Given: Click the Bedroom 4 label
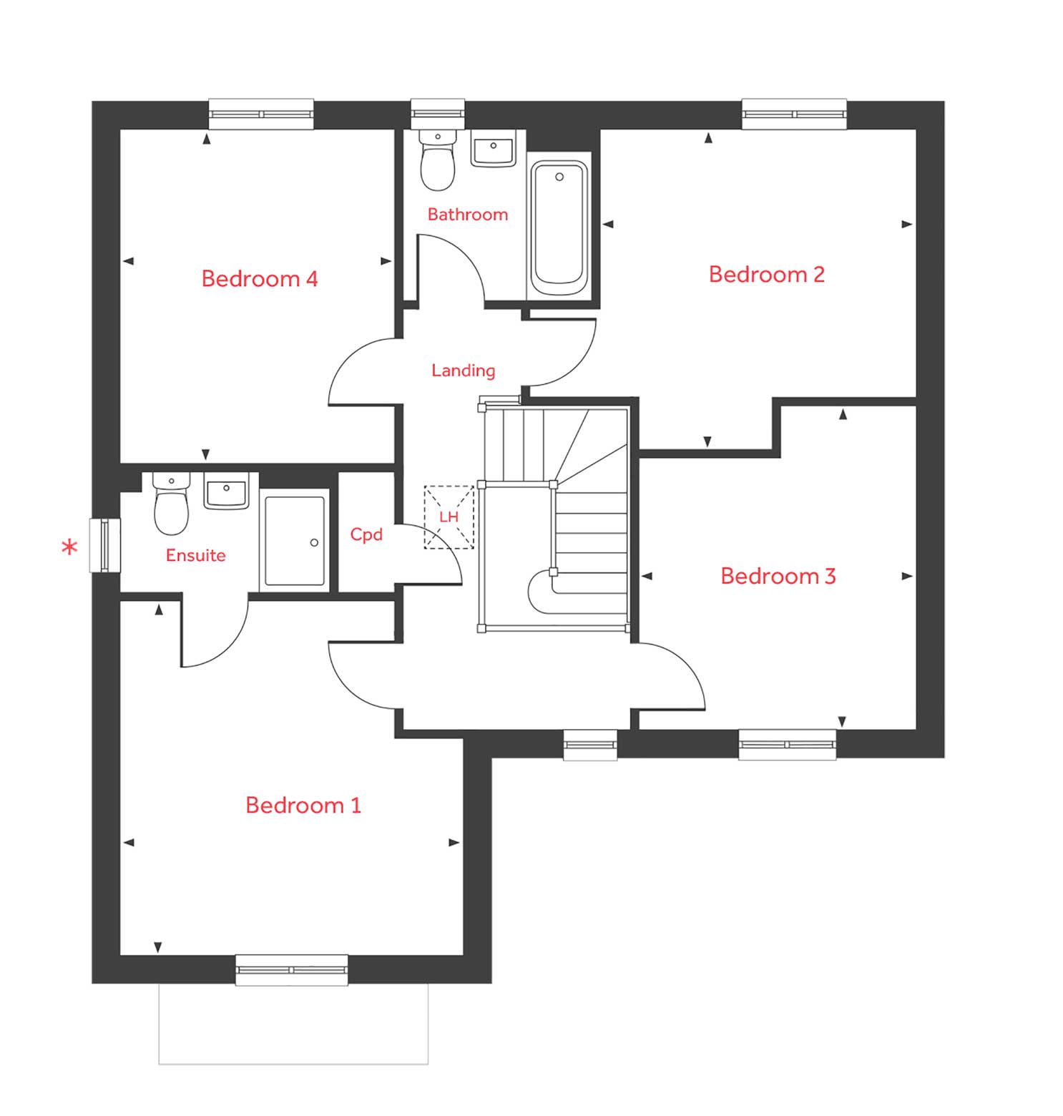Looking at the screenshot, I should click(x=259, y=278).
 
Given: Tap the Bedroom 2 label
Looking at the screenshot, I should click(x=766, y=274).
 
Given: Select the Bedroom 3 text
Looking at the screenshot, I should click(x=778, y=576).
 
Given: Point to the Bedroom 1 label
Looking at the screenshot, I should click(x=303, y=805).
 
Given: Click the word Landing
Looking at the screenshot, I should click(x=463, y=370).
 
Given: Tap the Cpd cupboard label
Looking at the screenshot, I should click(x=366, y=534).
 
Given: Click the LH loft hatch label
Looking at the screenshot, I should click(x=449, y=517).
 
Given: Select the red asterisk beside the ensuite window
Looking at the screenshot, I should click(x=69, y=549).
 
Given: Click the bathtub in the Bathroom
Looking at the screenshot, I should click(x=559, y=227).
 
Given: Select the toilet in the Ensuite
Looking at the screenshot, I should click(x=172, y=505).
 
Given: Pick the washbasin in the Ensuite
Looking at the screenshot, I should click(x=226, y=491).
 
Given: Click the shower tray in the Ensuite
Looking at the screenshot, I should click(x=294, y=541).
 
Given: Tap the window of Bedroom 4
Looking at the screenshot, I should click(x=261, y=114).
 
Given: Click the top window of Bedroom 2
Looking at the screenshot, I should click(x=794, y=114).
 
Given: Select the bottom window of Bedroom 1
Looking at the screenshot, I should click(x=291, y=970).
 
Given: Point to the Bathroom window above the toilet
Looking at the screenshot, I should click(x=438, y=114).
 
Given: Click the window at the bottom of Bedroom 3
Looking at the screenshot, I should click(x=787, y=744).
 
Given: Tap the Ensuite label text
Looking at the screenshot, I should click(x=195, y=555).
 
